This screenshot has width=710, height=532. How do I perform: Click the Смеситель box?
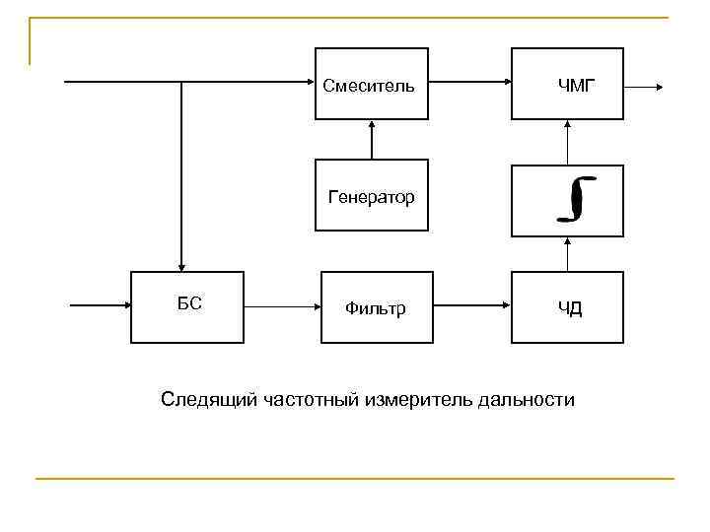click(371, 84)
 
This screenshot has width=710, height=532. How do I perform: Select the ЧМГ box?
click(567, 84)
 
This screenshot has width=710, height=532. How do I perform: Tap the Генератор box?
click(371, 195)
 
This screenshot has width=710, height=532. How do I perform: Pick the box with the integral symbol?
click(567, 200)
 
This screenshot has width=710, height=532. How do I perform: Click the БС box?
click(187, 307)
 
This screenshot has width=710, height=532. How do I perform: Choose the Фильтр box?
click(376, 307)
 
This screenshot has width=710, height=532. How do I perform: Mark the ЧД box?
click(567, 307)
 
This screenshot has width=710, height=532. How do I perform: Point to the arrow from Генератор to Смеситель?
click(372, 139)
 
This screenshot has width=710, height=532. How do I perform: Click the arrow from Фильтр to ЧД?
click(471, 306)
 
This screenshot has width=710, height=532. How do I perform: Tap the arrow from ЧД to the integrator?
click(567, 254)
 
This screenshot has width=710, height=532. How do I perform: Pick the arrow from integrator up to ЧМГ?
click(567, 142)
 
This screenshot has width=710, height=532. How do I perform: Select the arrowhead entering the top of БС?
click(181, 264)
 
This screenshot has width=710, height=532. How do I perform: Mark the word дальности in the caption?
click(525, 400)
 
